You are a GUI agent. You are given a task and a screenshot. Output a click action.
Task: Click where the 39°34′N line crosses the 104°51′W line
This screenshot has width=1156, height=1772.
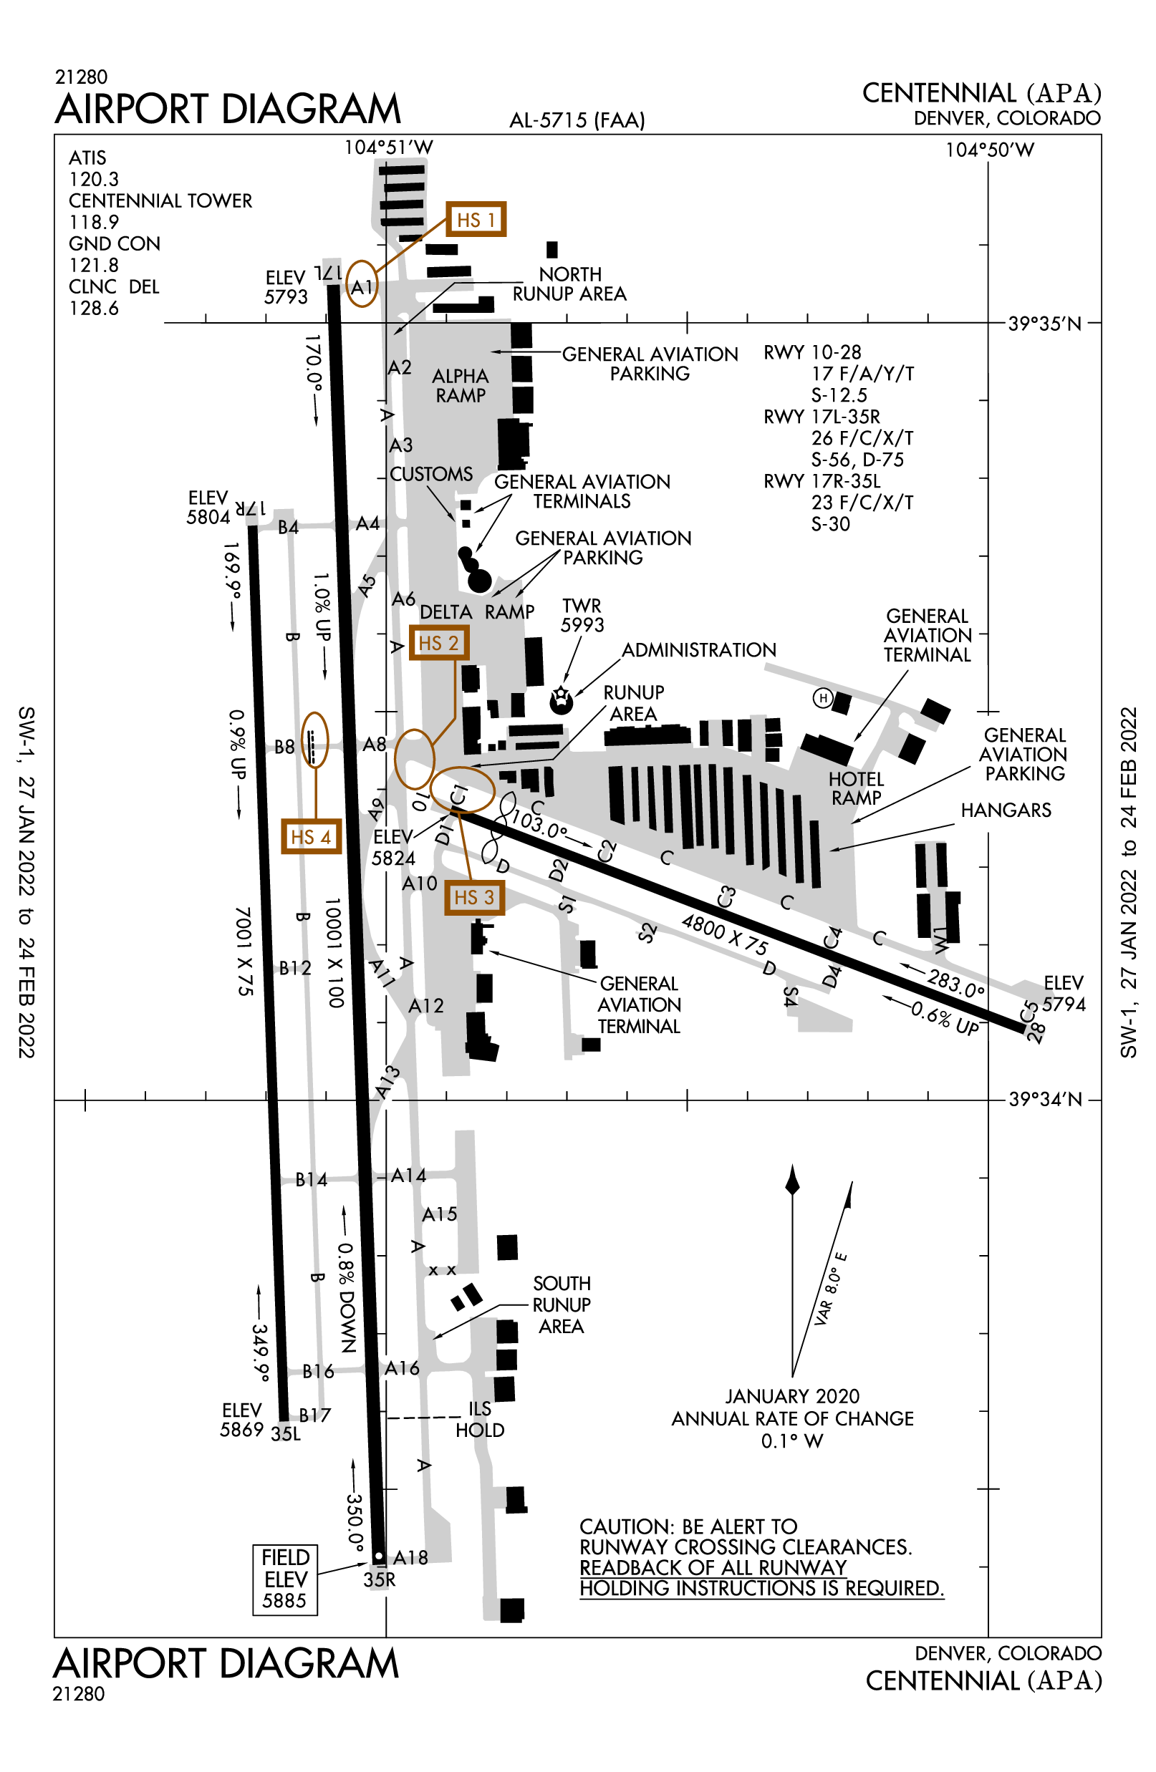click(386, 1100)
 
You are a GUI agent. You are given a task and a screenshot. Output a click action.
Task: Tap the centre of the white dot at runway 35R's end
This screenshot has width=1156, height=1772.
click(378, 1556)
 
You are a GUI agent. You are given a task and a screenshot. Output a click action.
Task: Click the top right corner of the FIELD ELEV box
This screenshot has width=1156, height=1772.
click(317, 1545)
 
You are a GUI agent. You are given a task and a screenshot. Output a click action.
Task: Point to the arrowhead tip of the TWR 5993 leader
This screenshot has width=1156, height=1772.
click(564, 684)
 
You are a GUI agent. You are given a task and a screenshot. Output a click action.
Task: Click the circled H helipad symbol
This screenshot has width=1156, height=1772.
click(822, 697)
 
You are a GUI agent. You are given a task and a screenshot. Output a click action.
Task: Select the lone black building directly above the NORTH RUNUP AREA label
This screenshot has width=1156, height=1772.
click(552, 249)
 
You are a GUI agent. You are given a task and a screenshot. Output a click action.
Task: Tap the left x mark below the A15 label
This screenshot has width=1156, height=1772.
click(433, 1271)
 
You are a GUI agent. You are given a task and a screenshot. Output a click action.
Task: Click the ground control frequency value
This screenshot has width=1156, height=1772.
click(94, 266)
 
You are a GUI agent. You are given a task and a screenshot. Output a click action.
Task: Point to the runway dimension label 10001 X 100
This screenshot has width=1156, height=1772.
click(334, 954)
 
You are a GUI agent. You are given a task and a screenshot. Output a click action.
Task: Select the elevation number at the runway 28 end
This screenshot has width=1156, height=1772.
click(1064, 1004)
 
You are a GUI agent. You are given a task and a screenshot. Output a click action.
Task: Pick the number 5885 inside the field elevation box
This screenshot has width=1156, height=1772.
click(284, 1601)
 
